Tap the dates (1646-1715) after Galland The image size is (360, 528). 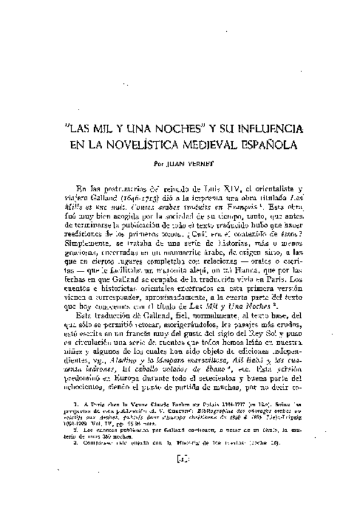click(133, 199)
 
